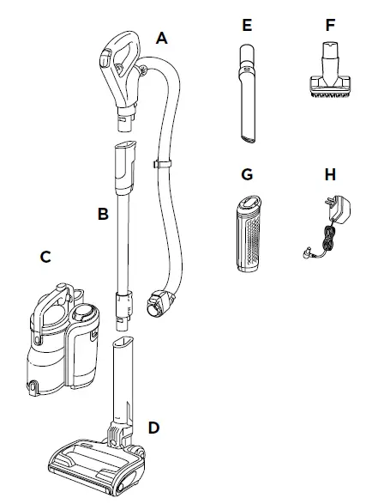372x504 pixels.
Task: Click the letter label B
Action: (x=102, y=213)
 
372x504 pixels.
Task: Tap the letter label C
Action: (x=46, y=257)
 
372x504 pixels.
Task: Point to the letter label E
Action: (x=247, y=25)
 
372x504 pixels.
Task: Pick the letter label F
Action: (x=330, y=25)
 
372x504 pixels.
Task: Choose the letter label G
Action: (x=247, y=175)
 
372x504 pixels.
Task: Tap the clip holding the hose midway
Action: (x=159, y=161)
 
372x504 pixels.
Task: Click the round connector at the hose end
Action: (x=160, y=301)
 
